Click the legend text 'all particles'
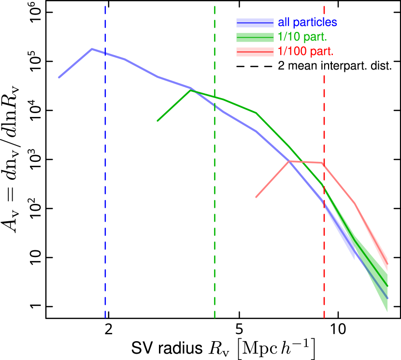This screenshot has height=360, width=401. tap(307, 22)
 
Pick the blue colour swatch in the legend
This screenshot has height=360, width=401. tap(255, 23)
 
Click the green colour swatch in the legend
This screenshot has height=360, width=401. tap(255, 37)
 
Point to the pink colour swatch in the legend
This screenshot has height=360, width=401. tap(255, 52)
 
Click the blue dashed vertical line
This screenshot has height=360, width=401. tap(105, 193)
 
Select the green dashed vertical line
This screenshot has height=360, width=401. tap(215, 217)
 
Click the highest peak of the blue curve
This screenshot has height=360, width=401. tap(92, 49)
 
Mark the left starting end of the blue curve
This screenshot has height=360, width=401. tap(59, 77)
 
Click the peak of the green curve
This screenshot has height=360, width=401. tap(191, 90)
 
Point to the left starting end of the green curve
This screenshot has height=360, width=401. tap(158, 121)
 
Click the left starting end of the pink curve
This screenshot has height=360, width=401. tap(256, 197)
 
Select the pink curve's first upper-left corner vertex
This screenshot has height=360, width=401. tap(289, 161)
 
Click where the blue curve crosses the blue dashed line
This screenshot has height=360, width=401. tap(105, 53)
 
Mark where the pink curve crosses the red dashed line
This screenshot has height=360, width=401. tap(324, 164)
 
